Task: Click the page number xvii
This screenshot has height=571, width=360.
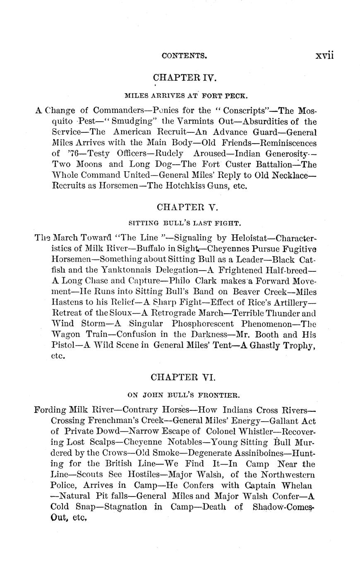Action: pyautogui.click(x=324, y=55)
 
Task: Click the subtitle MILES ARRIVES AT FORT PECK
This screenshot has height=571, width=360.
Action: pyautogui.click(x=186, y=96)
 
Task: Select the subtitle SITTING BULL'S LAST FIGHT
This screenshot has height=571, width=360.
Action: pyautogui.click(x=185, y=224)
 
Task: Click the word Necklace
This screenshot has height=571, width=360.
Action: pyautogui.click(x=293, y=175)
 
